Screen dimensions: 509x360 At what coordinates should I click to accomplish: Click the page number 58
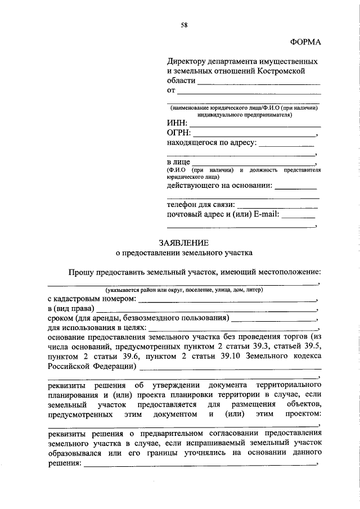pyautogui.click(x=184, y=24)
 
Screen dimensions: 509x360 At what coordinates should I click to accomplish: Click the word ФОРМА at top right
pyautogui.click(x=305, y=42)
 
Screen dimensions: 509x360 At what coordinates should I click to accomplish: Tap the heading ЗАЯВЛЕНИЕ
pyautogui.click(x=183, y=243)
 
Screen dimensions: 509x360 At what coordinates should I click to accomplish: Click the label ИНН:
pyautogui.click(x=177, y=123)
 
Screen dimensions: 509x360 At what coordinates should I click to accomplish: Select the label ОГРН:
pyautogui.click(x=179, y=133)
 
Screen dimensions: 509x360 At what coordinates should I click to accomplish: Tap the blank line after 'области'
pyautogui.click(x=258, y=84)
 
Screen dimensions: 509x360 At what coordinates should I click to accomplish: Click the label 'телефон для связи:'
pyautogui.click(x=201, y=205)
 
